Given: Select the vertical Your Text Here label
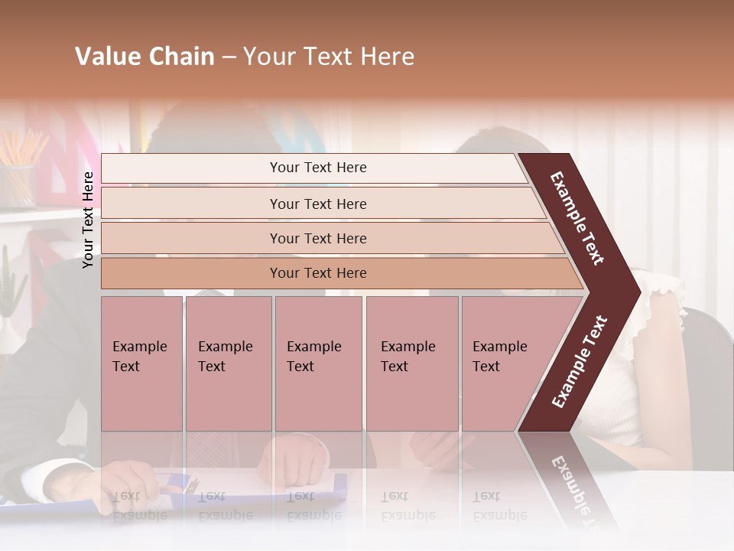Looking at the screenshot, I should pos(88,220).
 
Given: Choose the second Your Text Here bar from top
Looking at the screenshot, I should pos(318,204).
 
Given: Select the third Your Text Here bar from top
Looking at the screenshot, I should pos(318,238).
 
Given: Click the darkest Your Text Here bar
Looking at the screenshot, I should pos(318,273).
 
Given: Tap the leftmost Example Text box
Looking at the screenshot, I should pos(141,363).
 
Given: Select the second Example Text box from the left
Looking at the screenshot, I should pos(228,363).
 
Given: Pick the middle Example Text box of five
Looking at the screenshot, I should pos(318,363).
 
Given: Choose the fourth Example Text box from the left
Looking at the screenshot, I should pos(411,363).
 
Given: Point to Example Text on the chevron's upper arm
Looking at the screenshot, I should pos(577,218).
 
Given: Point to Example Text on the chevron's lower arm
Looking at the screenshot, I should pos(580,362).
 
